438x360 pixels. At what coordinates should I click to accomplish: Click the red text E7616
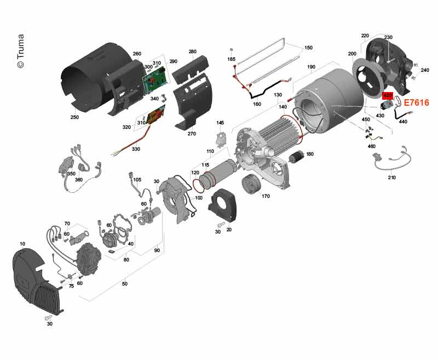tap(417, 103)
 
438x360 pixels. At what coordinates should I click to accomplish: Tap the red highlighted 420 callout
tap(388, 95)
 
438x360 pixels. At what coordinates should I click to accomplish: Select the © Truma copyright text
tap(21, 51)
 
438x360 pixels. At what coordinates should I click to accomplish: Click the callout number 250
tap(74, 117)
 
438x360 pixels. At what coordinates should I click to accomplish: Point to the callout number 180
tap(310, 154)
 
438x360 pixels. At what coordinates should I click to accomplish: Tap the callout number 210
tap(392, 178)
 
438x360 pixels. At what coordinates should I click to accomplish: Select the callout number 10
tap(22, 244)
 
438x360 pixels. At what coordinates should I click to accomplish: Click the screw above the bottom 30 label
tap(48, 317)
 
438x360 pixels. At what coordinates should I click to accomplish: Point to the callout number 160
tap(257, 104)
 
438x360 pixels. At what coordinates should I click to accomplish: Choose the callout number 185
tap(231, 59)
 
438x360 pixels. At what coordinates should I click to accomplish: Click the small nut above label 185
tap(231, 50)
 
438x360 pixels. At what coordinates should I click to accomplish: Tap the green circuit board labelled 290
tap(156, 79)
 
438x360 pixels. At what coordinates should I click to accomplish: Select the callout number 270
tap(192, 134)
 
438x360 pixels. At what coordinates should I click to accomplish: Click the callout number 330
tap(136, 149)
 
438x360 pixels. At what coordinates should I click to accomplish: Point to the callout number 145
tap(220, 123)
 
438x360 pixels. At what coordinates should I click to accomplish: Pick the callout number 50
tap(125, 284)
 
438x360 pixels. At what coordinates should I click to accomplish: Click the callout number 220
tap(365, 36)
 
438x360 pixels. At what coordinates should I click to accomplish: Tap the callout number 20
tap(229, 230)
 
